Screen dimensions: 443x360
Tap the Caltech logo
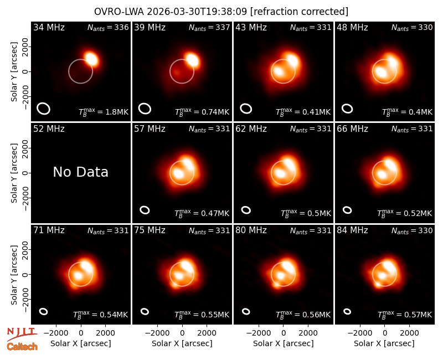point(22,347)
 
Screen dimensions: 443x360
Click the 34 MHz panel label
point(49,27)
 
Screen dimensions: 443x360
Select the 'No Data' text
point(80,172)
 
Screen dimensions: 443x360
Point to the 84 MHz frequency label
point(352,230)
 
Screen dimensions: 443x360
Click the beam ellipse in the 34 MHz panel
point(44,109)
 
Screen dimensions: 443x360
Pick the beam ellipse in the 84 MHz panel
point(347,311)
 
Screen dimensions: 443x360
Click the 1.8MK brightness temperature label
point(104,112)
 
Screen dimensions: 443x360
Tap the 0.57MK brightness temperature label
point(405,314)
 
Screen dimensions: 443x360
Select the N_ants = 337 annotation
point(209,27)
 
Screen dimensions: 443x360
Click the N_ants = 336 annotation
point(108,27)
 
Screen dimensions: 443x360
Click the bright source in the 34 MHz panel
point(91,59)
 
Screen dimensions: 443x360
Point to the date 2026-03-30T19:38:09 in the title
point(197,12)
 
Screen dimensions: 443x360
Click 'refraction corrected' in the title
point(300,12)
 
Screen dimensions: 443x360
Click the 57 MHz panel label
point(150,129)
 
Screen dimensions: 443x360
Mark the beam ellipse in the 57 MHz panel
point(145,210)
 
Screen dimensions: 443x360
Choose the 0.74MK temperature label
point(202,112)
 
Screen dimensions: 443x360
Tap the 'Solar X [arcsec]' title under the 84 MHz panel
point(384,343)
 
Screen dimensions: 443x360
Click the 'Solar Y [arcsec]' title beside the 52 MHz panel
point(14,173)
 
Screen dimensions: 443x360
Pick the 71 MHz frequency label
point(49,230)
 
